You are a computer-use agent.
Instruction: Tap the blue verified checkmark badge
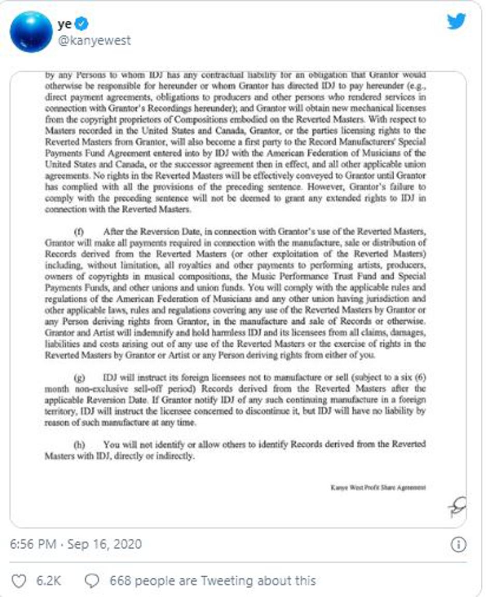(x=82, y=23)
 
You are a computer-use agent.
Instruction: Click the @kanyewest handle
(x=94, y=40)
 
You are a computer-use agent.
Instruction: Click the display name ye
(x=65, y=23)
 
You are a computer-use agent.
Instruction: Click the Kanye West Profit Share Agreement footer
(x=378, y=487)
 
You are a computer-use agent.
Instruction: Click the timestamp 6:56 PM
(x=33, y=545)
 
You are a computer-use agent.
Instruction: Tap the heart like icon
(x=18, y=581)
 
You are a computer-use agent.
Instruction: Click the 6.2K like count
(x=48, y=581)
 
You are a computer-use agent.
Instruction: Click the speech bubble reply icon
(x=92, y=581)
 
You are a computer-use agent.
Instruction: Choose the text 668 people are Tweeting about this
(x=212, y=581)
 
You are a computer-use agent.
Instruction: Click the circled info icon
(x=459, y=545)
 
